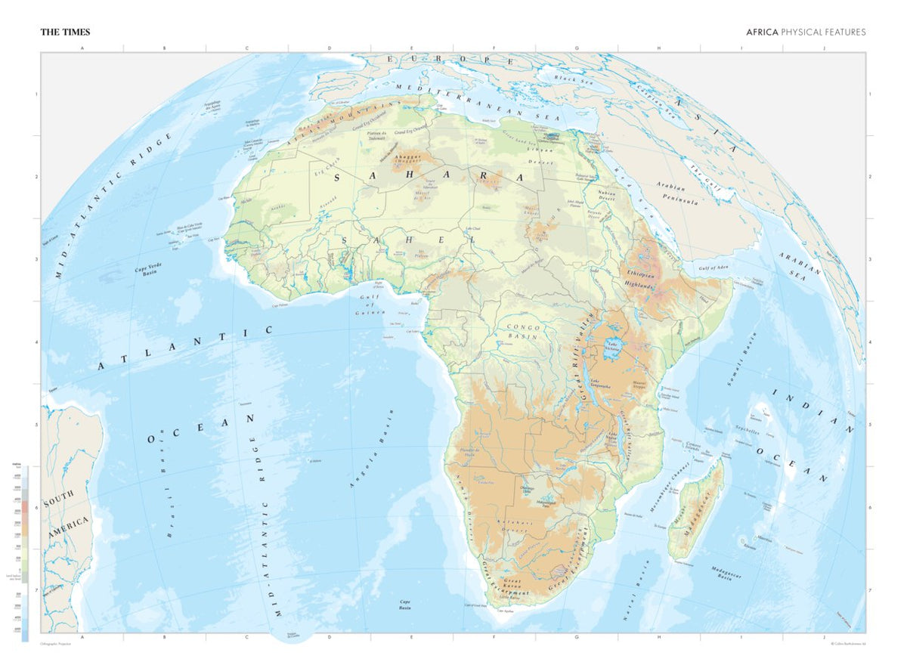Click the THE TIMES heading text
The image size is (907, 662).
coord(65,32)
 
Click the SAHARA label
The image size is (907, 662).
coord(429,176)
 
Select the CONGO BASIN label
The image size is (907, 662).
coord(522,330)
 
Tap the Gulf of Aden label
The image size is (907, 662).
coord(716,268)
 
